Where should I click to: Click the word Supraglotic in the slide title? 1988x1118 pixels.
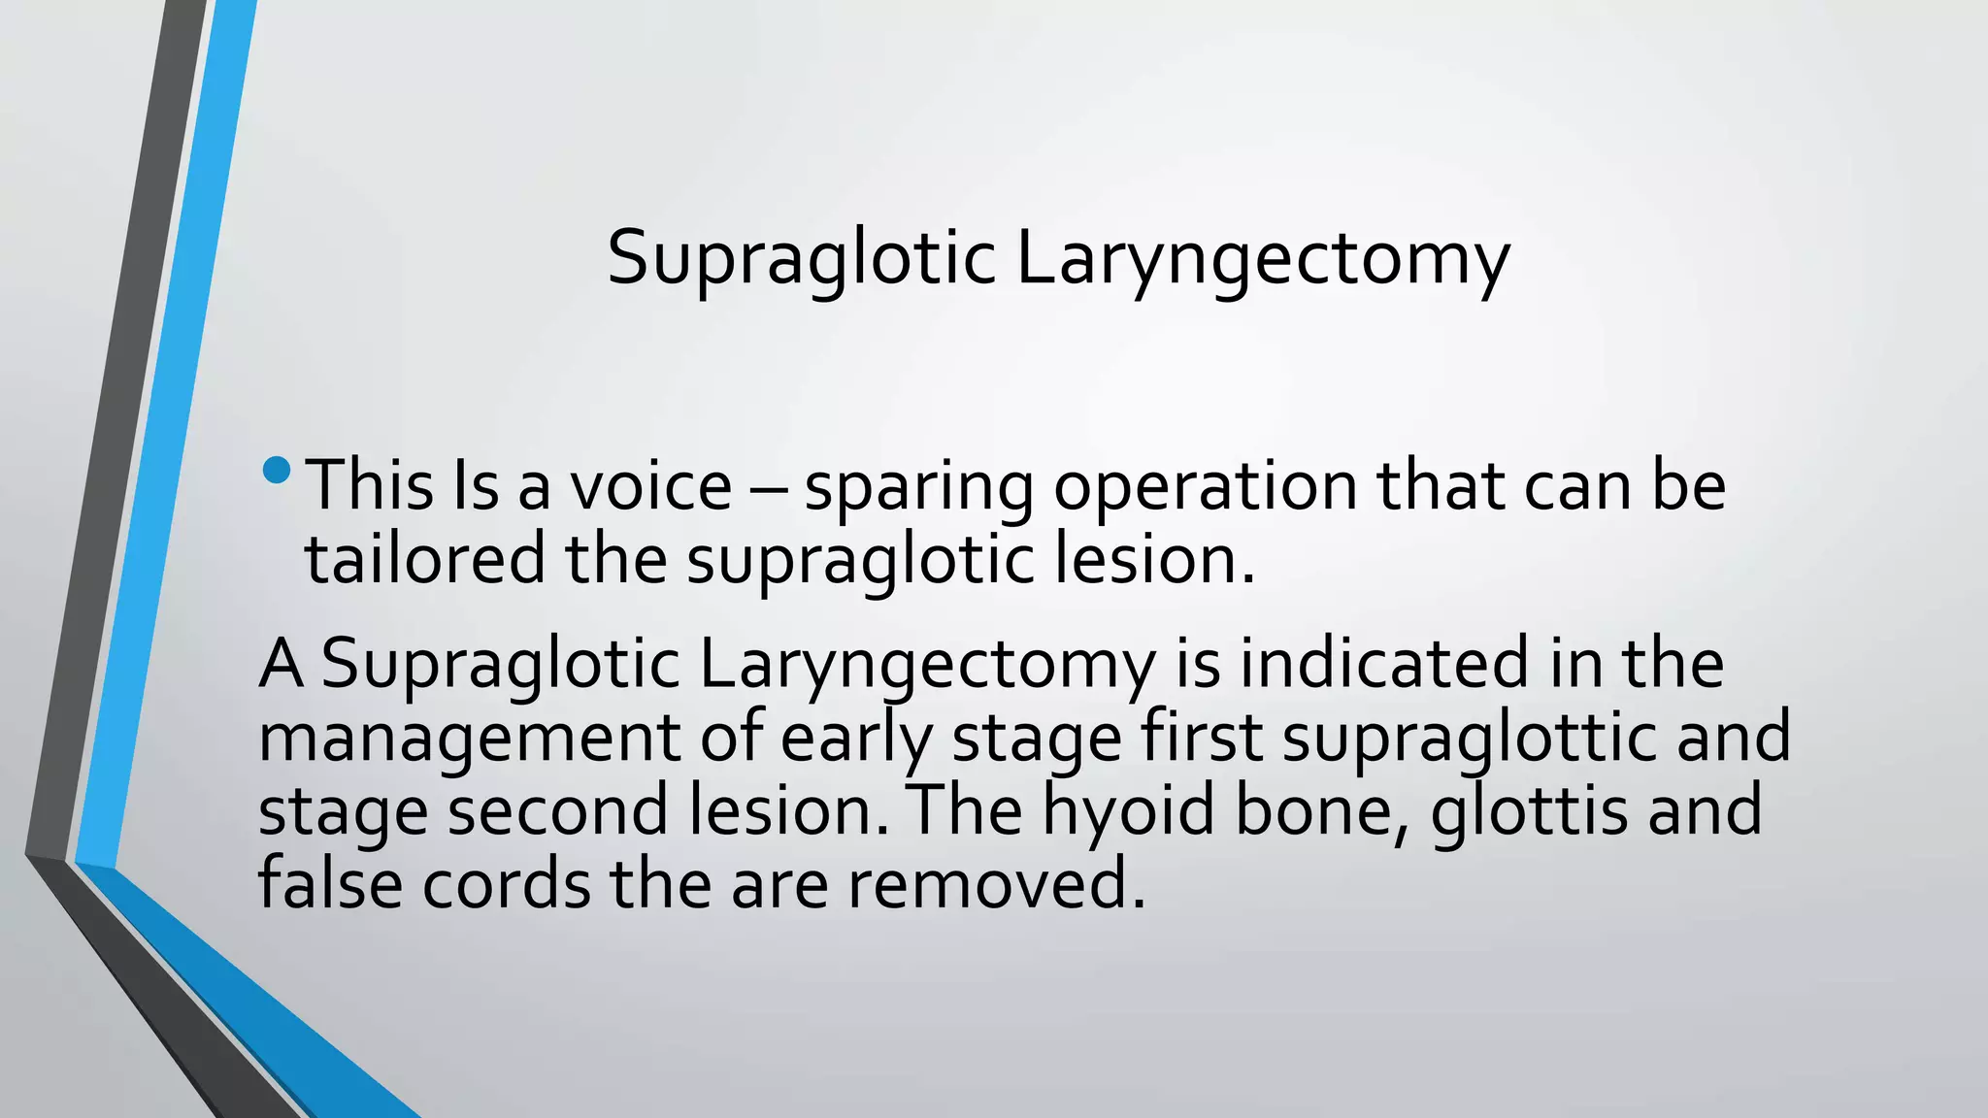tap(801, 259)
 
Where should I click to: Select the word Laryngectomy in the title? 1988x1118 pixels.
tap(1262, 259)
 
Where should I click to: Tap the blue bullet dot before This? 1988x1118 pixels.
tap(277, 471)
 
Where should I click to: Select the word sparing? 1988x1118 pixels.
tap(918, 487)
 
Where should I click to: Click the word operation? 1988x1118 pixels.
tap(1205, 487)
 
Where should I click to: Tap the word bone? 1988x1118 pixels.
tap(1321, 811)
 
